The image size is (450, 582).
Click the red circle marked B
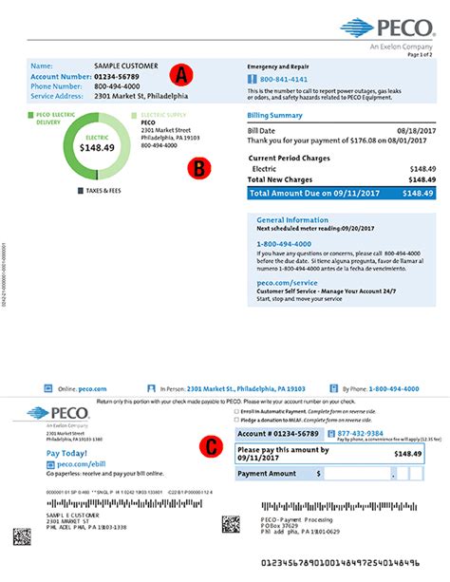click(199, 167)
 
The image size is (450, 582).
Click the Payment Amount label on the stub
click(267, 472)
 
